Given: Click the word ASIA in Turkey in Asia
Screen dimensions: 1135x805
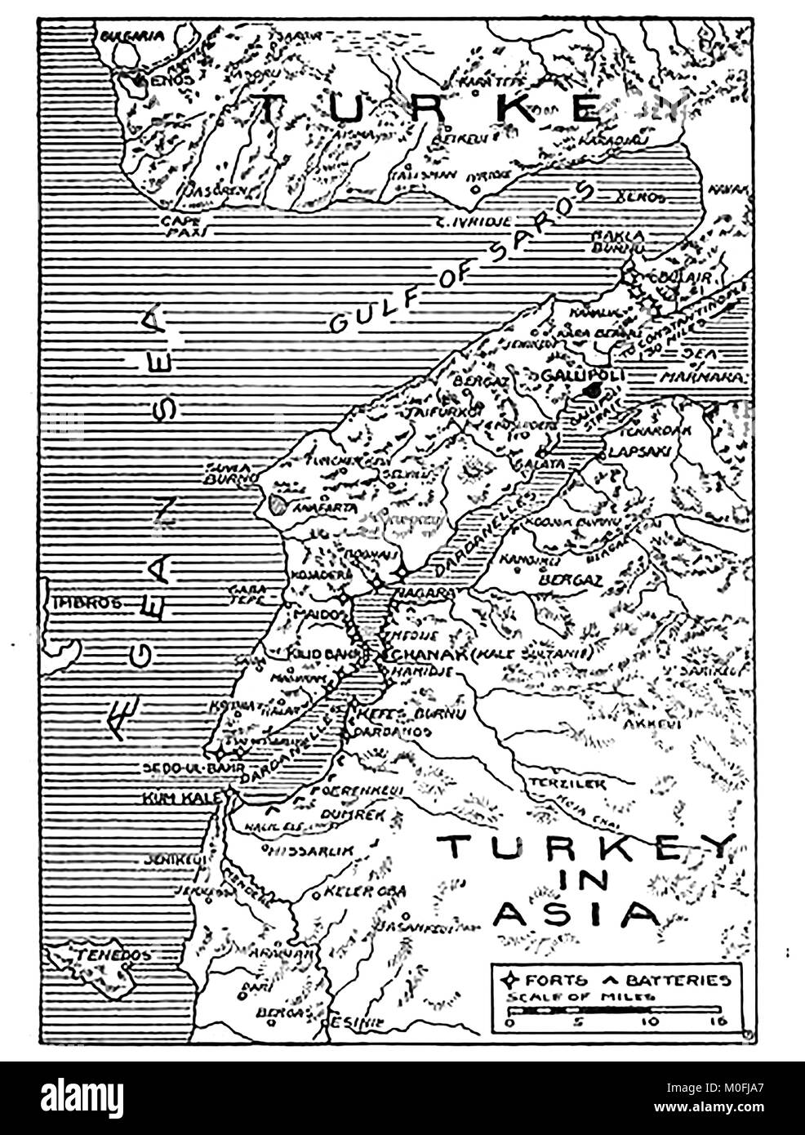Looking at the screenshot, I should [577, 913].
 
